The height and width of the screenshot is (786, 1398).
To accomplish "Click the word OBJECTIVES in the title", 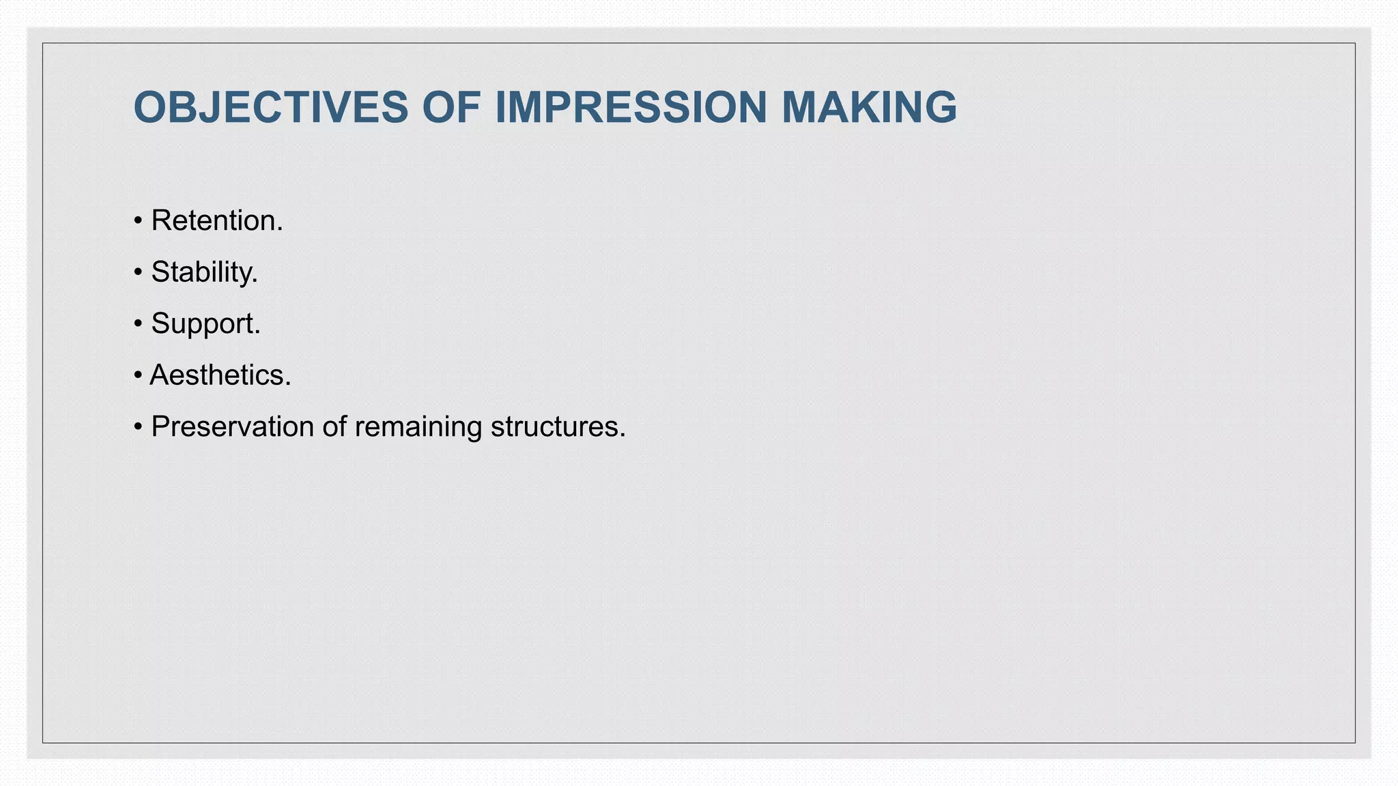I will (270, 108).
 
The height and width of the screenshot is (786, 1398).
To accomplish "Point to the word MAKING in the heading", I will (868, 108).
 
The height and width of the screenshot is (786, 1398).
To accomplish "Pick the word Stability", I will (202, 272).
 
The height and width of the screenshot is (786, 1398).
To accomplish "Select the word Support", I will (203, 323).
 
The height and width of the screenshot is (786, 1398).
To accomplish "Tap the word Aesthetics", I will (218, 375).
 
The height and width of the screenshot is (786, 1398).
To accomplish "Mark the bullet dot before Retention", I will (138, 221).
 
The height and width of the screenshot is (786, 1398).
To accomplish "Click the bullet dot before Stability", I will (138, 272).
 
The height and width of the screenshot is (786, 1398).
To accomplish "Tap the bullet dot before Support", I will (138, 323).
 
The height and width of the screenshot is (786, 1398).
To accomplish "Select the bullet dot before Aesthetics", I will (138, 375).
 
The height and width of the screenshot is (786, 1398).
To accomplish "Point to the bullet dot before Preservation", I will (138, 427).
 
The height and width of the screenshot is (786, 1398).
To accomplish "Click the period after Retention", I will (280, 230).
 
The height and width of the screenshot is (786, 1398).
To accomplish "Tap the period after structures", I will (623, 436).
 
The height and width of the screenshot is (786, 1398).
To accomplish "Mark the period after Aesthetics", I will (288, 385).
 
